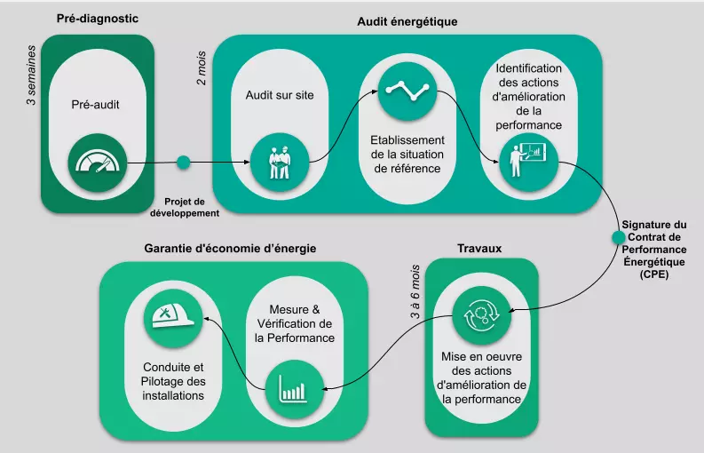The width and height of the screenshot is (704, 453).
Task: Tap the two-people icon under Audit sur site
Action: (280, 162)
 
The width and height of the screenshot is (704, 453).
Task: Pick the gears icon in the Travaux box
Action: (481, 315)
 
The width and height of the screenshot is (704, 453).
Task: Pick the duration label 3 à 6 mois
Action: (415, 292)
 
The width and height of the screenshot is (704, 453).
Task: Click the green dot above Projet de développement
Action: (184, 162)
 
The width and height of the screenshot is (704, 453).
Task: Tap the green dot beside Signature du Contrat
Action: (618, 238)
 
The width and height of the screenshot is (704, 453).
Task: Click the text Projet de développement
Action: (184, 206)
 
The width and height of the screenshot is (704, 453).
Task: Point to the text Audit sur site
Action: (280, 95)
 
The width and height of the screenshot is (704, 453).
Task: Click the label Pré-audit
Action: (95, 104)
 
